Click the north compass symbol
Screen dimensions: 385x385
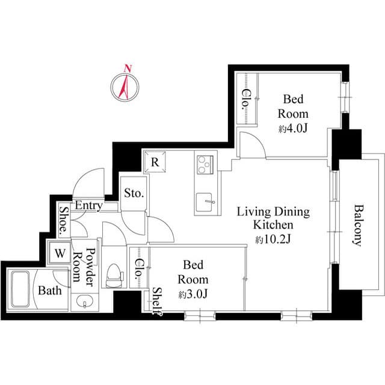(125, 86)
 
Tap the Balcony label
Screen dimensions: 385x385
(357, 225)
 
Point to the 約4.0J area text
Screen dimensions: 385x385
(293, 129)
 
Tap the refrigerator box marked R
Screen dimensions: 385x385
(155, 161)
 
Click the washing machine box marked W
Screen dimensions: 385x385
(60, 253)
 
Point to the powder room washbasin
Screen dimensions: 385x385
(82, 301)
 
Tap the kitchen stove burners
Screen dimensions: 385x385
(205, 163)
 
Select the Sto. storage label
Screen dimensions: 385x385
(133, 194)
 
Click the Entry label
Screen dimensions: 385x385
(88, 206)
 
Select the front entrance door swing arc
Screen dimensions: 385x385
(90, 180)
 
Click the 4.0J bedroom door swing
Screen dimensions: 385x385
(251, 144)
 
